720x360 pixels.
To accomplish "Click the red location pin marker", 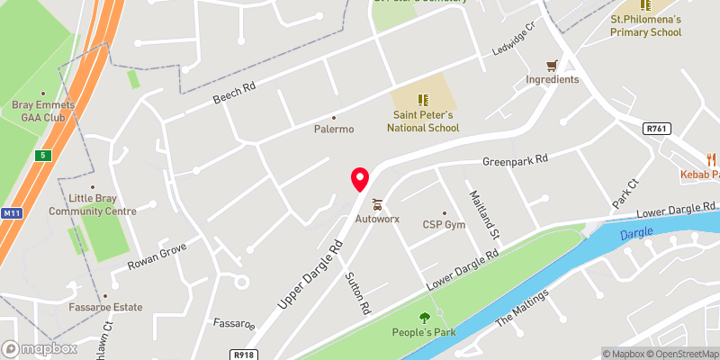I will pyautogui.click(x=360, y=179).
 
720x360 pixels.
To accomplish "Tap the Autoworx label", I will pyautogui.click(x=377, y=219).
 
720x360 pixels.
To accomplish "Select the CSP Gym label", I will pyautogui.click(x=445, y=224).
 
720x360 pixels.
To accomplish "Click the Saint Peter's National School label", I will pyautogui.click(x=423, y=121).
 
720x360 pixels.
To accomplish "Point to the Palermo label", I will pyautogui.click(x=334, y=129).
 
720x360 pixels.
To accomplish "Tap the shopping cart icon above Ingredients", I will pyautogui.click(x=553, y=65).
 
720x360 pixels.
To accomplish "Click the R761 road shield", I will pyautogui.click(x=657, y=130).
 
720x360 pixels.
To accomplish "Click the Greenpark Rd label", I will pyautogui.click(x=515, y=162).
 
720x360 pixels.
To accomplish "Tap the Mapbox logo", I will pyautogui.click(x=39, y=348).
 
